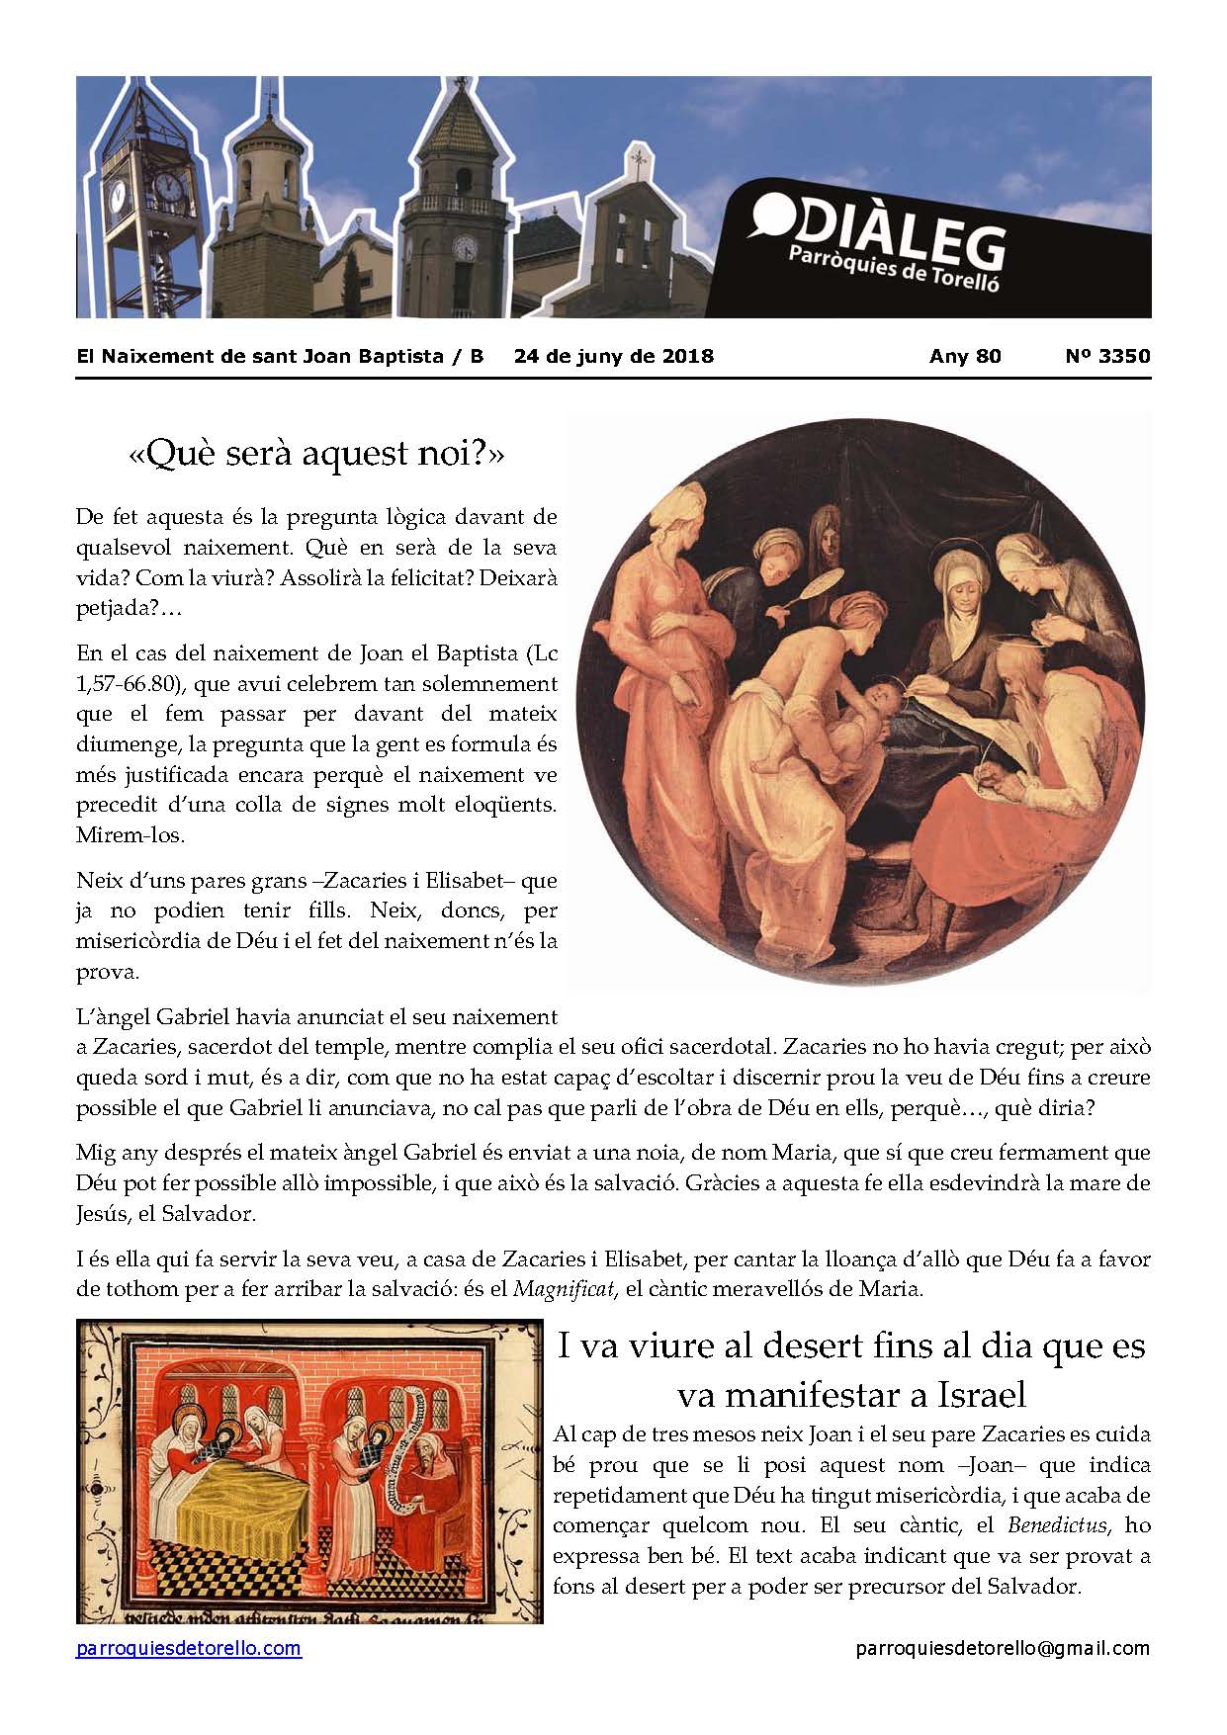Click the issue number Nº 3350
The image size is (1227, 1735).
pyautogui.click(x=1107, y=356)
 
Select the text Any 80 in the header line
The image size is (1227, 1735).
pyautogui.click(x=965, y=356)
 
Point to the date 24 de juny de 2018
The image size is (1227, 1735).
pyautogui.click(x=613, y=356)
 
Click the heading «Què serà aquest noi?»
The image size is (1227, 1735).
pyautogui.click(x=316, y=454)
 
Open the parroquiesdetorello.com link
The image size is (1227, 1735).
pyautogui.click(x=189, y=1648)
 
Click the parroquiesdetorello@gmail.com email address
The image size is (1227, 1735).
pyautogui.click(x=1003, y=1648)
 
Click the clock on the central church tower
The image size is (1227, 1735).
pyautogui.click(x=464, y=246)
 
